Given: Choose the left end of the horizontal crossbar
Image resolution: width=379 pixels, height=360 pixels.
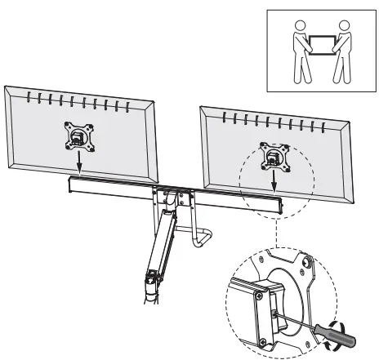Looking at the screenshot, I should [71, 184].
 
